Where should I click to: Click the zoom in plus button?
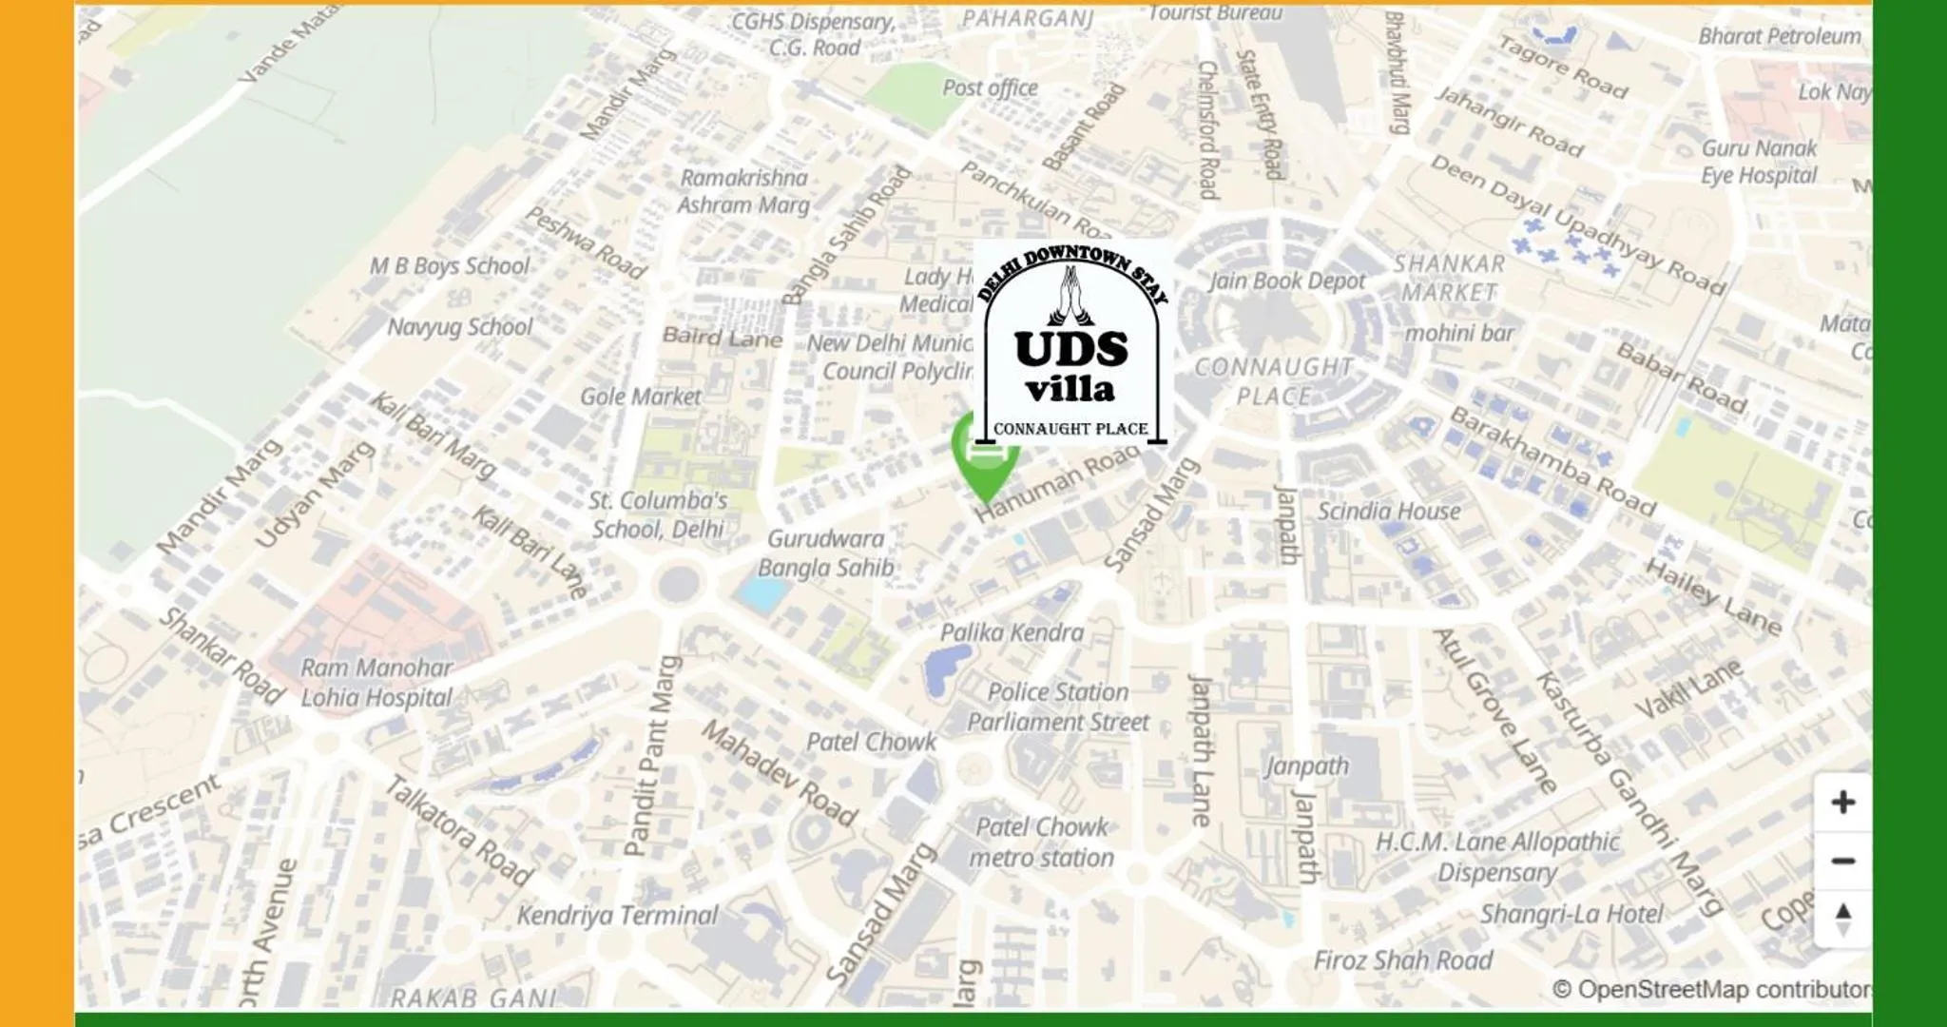[1842, 802]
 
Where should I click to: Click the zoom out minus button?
[1842, 861]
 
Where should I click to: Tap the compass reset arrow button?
[1842, 919]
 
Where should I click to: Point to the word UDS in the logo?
[1071, 349]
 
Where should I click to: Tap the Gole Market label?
[641, 397]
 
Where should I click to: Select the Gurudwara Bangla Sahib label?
[825, 553]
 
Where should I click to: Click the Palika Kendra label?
[1012, 632]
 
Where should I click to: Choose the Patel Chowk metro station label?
[1041, 843]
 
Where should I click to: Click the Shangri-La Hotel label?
[1571, 914]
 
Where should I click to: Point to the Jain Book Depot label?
[1287, 281]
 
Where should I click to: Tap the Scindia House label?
[1388, 512]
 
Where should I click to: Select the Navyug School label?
[459, 327]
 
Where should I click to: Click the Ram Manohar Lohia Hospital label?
[376, 683]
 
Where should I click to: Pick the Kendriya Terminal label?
[617, 916]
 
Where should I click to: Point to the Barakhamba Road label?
[1552, 460]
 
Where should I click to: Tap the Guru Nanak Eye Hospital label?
[1759, 162]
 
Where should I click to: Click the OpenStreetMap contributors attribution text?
[1711, 990]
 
